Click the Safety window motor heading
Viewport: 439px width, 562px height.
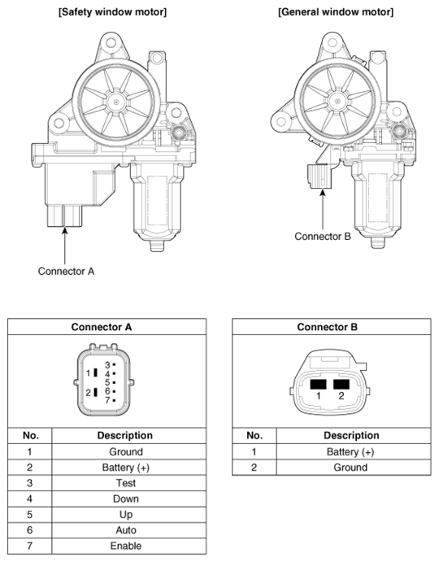(112, 12)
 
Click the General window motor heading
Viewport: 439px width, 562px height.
(336, 12)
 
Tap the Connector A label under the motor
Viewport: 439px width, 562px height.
(67, 272)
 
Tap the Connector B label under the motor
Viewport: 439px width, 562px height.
(323, 237)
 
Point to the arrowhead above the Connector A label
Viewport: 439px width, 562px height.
(64, 231)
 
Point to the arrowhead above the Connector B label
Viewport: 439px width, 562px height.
(323, 193)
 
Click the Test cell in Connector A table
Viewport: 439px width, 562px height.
(126, 483)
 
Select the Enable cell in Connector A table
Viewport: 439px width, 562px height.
(126, 546)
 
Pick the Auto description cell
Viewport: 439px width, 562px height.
(126, 530)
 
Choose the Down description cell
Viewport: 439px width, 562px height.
(126, 499)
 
